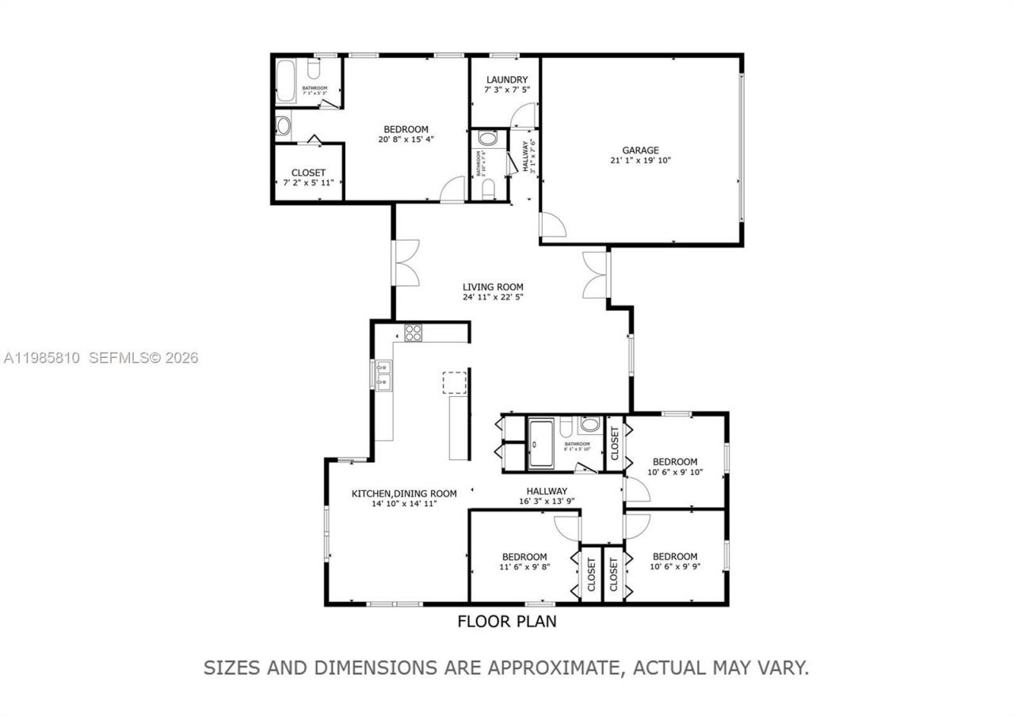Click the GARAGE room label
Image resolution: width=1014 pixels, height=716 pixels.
[x=640, y=150]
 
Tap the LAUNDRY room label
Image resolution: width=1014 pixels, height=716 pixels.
[x=507, y=80]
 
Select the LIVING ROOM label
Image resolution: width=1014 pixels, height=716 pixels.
[x=493, y=287]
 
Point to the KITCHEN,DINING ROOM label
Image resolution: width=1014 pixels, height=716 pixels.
[x=404, y=493]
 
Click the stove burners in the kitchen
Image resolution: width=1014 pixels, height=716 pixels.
[x=413, y=333]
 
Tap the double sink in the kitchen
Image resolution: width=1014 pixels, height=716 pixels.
[x=383, y=375]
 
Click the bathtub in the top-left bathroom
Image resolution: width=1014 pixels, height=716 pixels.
[x=286, y=82]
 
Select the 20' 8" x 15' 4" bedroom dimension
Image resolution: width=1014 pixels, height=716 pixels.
[x=406, y=139]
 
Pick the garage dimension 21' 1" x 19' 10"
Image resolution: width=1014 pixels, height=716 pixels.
[x=640, y=161]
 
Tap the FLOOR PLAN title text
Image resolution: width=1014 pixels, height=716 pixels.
[x=507, y=622]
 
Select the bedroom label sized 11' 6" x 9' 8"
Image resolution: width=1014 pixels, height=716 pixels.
[x=524, y=557]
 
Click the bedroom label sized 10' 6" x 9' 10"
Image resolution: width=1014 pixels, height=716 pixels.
[x=674, y=462]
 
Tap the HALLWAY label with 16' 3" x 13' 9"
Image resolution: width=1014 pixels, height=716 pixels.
[x=546, y=491]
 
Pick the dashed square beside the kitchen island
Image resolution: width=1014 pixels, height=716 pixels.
[x=455, y=383]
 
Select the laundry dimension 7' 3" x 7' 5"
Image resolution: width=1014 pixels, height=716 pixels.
[x=507, y=90]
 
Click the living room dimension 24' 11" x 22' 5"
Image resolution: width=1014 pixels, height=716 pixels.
[x=493, y=297]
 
